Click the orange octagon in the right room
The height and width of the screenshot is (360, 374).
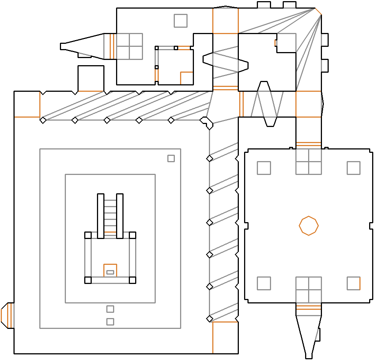pyautogui.click(x=308, y=226)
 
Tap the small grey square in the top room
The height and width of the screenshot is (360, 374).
pyautogui.click(x=180, y=21)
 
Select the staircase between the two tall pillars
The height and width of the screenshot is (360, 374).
pyautogui.click(x=110, y=216)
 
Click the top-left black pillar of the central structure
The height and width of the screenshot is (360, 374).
pyautogui.click(x=88, y=235)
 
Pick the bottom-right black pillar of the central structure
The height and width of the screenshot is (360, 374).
pyautogui.click(x=132, y=280)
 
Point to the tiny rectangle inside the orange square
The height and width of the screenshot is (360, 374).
pyautogui.click(x=110, y=272)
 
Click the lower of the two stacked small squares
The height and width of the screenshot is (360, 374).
pyautogui.click(x=110, y=321)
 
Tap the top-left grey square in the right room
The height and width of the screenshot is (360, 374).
pyautogui.click(x=264, y=168)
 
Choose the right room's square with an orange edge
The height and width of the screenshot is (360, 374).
pyautogui.click(x=353, y=283)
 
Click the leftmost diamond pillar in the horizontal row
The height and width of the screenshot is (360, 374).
pyautogui.click(x=43, y=120)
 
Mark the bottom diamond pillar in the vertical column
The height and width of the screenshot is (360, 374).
pyautogui.click(x=210, y=319)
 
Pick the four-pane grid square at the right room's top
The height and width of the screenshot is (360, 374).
pyautogui.click(x=308, y=162)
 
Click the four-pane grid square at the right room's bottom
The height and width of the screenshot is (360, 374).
pyautogui.click(x=308, y=289)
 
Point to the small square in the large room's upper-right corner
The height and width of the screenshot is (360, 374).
pyautogui.click(x=171, y=158)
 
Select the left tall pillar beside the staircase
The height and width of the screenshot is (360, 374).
pyautogui.click(x=100, y=216)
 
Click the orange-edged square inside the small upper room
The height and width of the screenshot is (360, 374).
pyautogui.click(x=186, y=78)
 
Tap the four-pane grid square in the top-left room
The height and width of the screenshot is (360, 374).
pyautogui.click(x=129, y=46)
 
